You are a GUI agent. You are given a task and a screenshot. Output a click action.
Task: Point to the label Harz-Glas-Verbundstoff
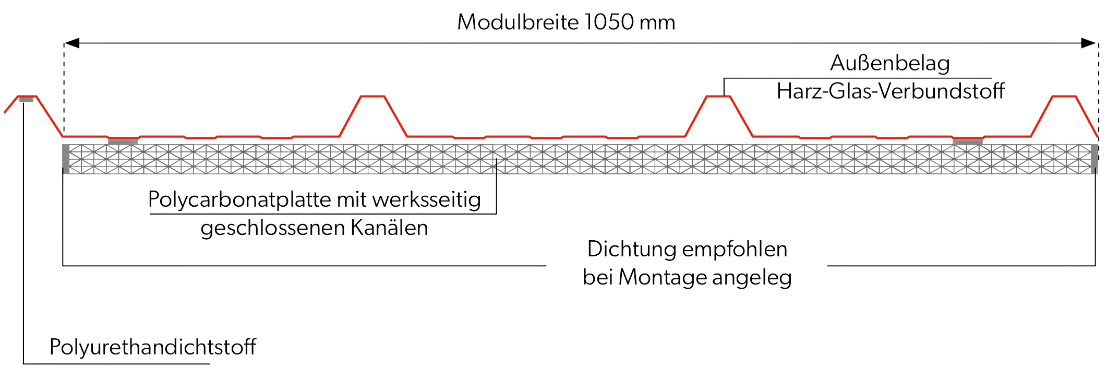[x=891, y=92]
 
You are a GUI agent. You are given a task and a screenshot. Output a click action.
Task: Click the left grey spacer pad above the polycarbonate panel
[x=123, y=141]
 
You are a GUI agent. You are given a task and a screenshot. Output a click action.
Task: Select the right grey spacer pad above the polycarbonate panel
[x=967, y=141]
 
